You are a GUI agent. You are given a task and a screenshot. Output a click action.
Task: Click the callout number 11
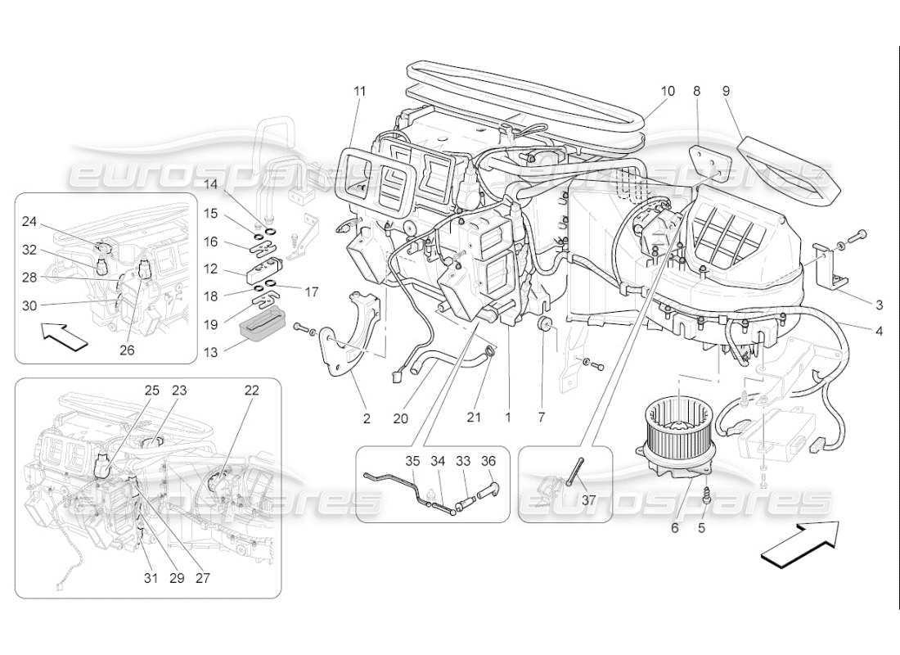(359, 91)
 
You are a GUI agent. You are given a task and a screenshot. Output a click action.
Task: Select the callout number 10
(668, 91)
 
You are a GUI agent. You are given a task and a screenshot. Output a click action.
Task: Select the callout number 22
(251, 391)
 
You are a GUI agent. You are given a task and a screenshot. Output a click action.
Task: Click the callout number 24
(29, 220)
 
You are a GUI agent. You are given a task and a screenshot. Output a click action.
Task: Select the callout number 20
(400, 418)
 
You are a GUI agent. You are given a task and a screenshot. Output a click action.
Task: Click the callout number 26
(149, 350)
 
